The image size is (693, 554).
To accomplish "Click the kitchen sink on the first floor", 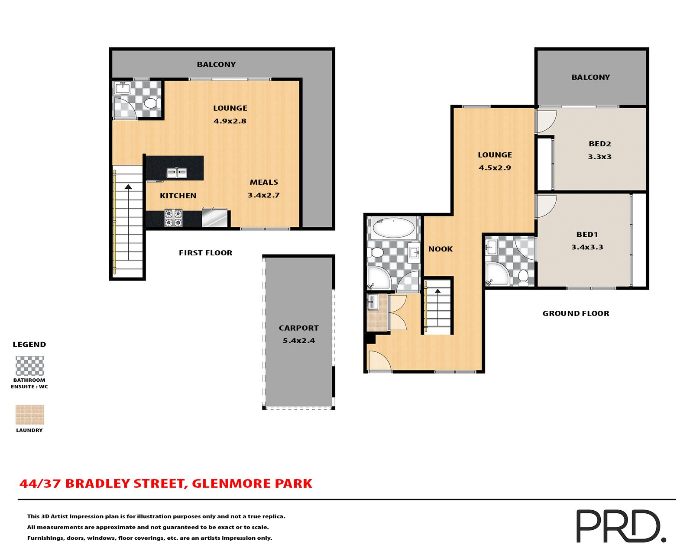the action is tap(176, 173).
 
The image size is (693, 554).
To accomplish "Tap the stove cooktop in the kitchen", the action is tap(173, 218).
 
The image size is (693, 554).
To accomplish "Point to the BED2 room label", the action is tap(599, 144).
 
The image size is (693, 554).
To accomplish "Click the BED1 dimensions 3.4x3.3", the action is tap(587, 247).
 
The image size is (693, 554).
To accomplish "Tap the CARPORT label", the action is tap(298, 328).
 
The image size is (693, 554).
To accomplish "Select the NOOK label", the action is tap(440, 249).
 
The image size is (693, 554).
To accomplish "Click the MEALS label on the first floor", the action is tap(264, 182).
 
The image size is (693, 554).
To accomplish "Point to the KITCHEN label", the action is tap(178, 196).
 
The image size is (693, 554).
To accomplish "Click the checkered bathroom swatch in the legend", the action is tap(29, 365).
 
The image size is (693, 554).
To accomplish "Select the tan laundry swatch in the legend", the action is tap(29, 415).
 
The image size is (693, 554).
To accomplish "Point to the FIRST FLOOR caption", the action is tap(205, 253).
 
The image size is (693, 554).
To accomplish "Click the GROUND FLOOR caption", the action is tap(576, 313).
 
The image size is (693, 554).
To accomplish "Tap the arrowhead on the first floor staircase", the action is tap(128, 187).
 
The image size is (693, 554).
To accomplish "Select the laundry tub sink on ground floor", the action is tap(373, 302).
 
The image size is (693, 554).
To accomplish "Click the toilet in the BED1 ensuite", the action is tap(523, 278).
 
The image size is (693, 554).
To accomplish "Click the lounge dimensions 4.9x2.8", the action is tap(230, 121).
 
